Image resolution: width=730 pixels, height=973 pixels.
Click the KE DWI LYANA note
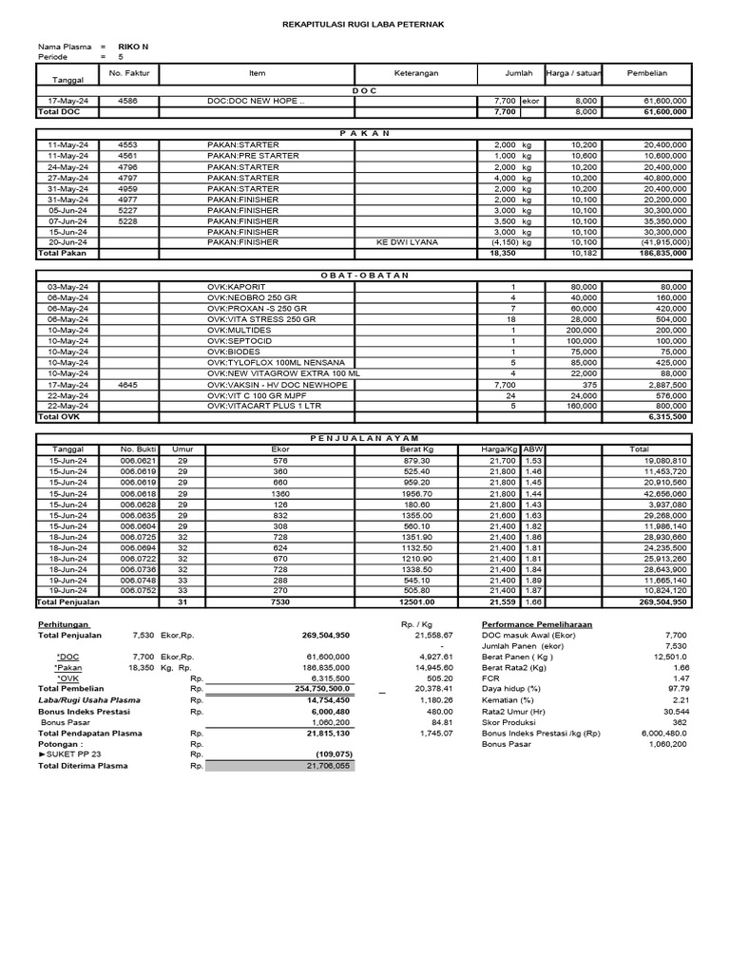[x=409, y=242]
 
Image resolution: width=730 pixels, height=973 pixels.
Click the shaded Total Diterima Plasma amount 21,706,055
[x=328, y=765]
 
